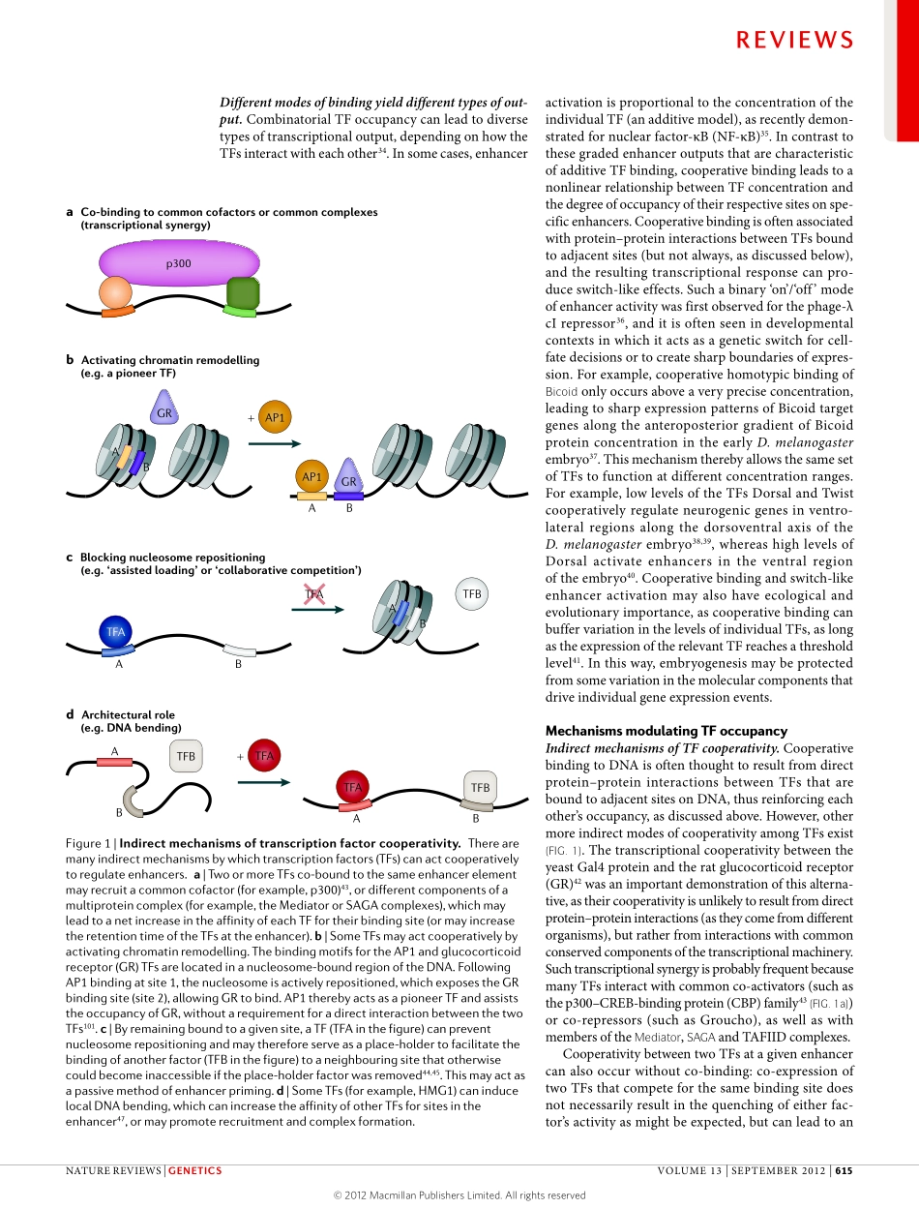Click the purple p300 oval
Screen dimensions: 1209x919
pos(179,262)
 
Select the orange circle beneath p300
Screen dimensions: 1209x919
pos(116,293)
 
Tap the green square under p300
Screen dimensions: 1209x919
pos(242,293)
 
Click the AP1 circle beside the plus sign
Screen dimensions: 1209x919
pos(275,418)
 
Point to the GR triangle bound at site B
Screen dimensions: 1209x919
pos(349,478)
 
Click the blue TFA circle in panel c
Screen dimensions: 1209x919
pos(116,631)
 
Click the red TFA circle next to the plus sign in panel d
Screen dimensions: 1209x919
pos(263,756)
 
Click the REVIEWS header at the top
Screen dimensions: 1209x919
pos(794,40)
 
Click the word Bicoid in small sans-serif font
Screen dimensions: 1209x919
pos(562,391)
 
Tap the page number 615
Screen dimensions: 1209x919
pos(844,1170)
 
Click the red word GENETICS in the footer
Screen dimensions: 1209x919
pos(194,1170)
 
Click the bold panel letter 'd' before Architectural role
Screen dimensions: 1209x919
pos(70,714)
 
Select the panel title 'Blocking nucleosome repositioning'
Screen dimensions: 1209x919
pos(172,558)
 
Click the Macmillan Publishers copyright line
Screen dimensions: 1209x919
pos(459,1195)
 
